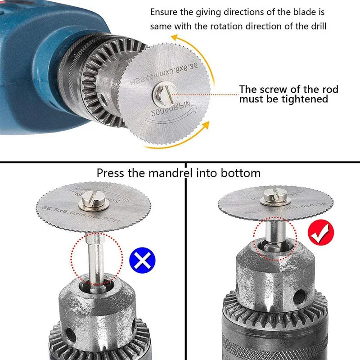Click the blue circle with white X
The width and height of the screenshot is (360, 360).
point(142,260)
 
